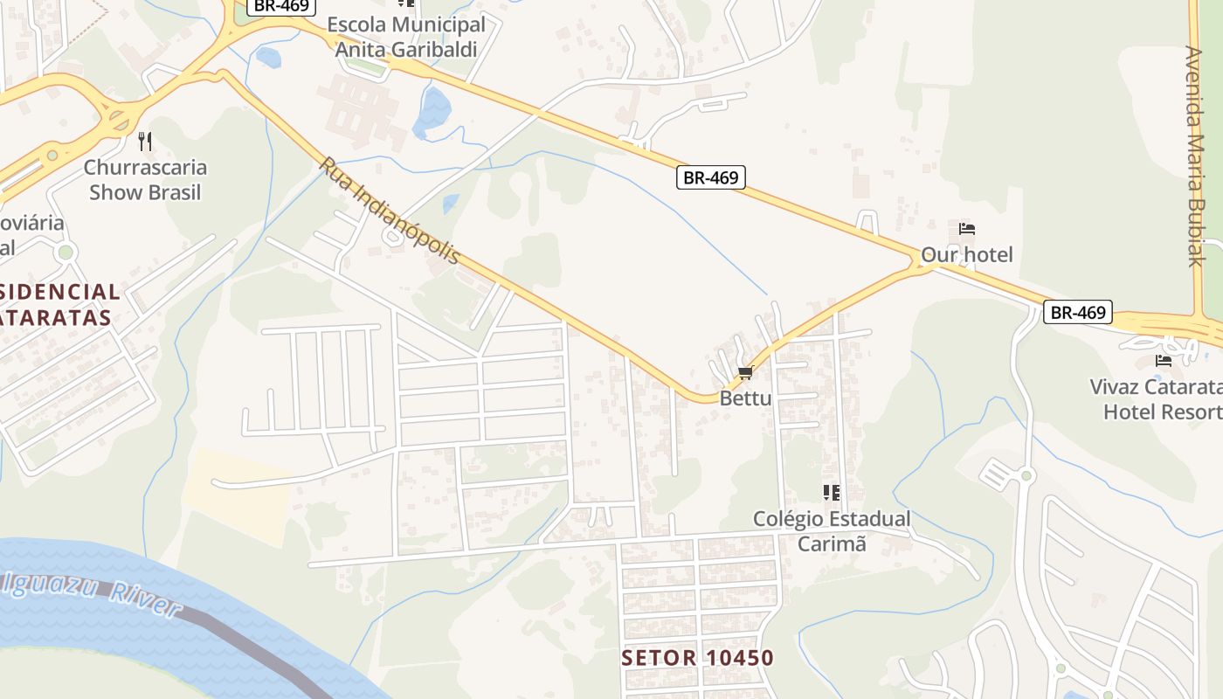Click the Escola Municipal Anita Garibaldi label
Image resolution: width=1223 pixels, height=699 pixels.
(x=406, y=37)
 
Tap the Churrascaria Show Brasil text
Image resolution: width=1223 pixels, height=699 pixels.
(x=145, y=179)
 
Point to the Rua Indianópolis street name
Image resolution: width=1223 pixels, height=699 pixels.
(x=390, y=211)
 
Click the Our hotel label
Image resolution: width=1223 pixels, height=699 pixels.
(x=967, y=255)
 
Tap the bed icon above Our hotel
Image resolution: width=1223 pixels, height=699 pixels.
(x=967, y=229)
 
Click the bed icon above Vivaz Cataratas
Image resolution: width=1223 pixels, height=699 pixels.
(x=1164, y=360)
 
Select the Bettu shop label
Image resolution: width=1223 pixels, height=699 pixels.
(x=745, y=398)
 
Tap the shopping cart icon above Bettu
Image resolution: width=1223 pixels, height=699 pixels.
(x=745, y=374)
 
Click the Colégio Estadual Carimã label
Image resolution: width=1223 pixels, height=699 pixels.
(x=832, y=531)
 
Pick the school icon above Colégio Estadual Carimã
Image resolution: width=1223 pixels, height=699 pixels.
(x=831, y=493)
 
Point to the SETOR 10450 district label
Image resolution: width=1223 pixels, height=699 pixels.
(x=697, y=658)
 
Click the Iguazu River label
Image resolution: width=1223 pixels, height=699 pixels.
(x=92, y=592)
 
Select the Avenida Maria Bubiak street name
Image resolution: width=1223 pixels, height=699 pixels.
(x=1195, y=155)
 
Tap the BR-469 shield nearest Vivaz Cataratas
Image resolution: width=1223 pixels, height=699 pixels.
(x=1078, y=312)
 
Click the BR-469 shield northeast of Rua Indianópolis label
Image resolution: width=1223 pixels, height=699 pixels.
(x=710, y=177)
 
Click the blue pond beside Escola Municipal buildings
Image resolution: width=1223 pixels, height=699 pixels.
(x=432, y=111)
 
